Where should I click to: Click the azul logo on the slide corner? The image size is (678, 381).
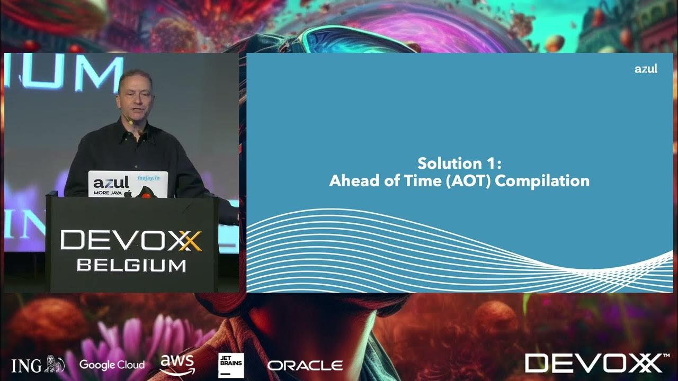pos(646,69)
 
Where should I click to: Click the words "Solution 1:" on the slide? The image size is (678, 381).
pos(459,162)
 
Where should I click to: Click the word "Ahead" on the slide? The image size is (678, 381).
pos(351,181)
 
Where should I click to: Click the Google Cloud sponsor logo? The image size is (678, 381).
pos(112,365)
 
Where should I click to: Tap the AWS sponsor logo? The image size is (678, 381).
pos(177,364)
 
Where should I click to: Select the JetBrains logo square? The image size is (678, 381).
pos(231,365)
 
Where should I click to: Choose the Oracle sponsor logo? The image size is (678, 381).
pos(305,365)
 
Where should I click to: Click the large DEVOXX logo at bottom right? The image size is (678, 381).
pos(593,363)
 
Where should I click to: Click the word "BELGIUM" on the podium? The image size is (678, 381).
pos(131,265)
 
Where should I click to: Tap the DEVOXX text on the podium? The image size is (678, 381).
pos(131,241)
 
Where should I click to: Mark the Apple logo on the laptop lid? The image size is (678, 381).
pos(128,194)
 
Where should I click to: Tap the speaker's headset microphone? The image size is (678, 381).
pos(129,121)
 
